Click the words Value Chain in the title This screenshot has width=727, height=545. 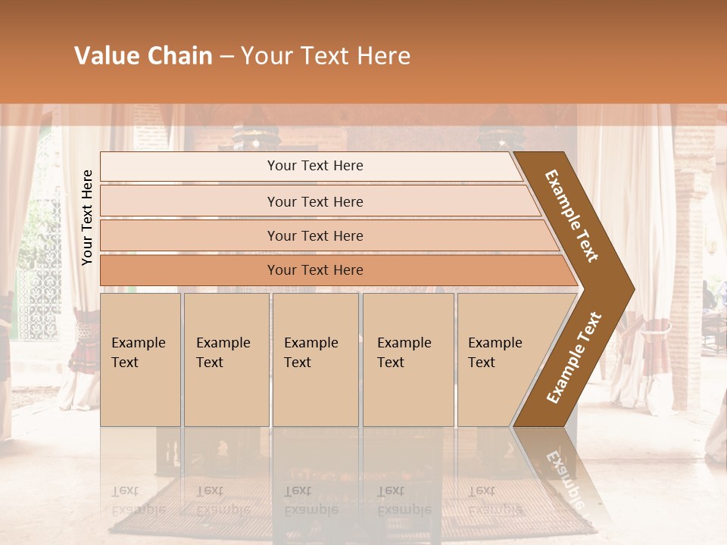143,56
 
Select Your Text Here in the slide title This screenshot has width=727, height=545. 326,56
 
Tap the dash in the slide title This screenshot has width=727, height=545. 226,57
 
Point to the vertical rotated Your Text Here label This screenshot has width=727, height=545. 87,217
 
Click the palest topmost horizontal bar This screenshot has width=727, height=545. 189,167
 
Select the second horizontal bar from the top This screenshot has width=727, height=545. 189,201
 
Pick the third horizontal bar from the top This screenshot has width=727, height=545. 189,235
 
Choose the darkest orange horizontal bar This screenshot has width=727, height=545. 189,270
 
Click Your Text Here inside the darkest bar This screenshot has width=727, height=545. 315,270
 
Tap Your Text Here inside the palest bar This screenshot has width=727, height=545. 315,166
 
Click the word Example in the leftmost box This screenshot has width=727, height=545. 138,343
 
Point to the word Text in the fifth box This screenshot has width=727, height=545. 482,363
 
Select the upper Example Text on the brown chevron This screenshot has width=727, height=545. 572,216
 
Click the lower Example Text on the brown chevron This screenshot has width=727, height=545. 574,357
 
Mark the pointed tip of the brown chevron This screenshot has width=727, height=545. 632,288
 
